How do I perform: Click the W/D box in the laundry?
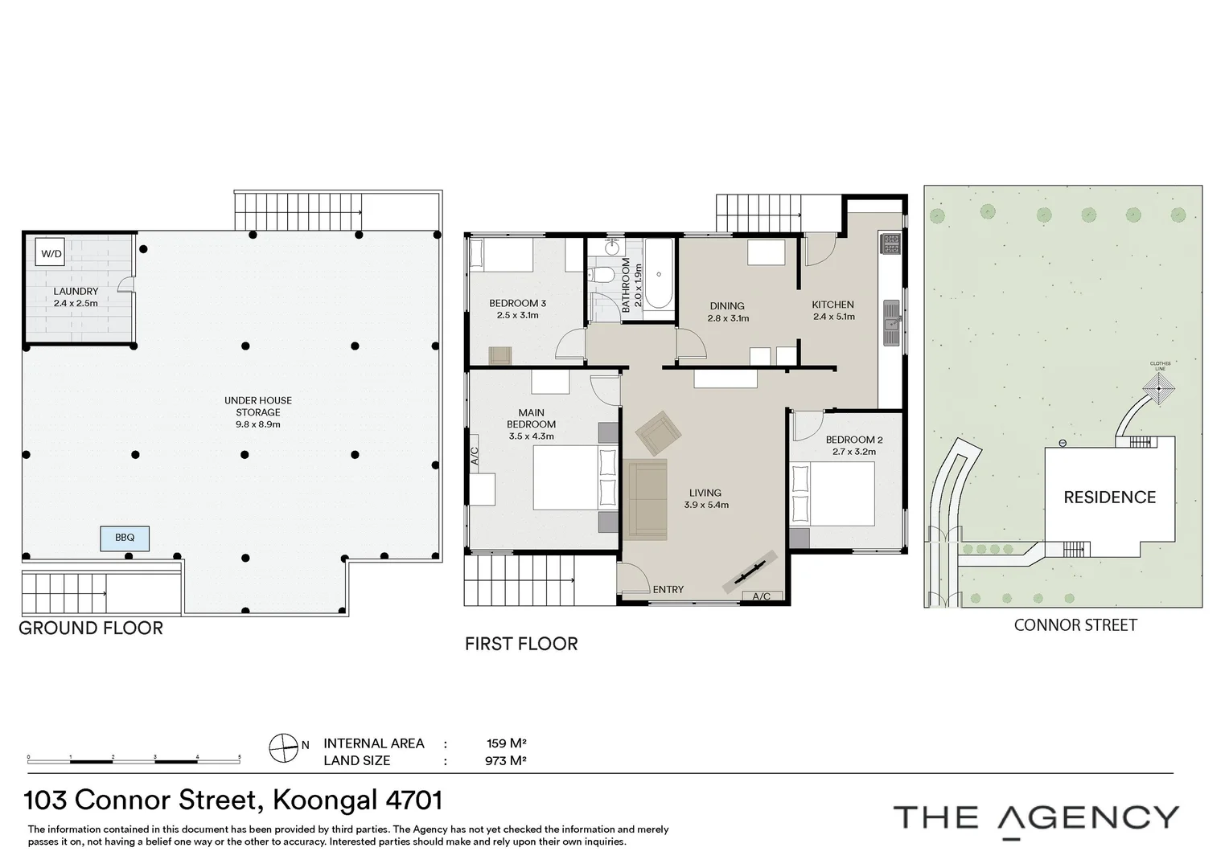(51, 254)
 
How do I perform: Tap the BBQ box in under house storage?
(125, 538)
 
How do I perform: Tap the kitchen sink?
(890, 322)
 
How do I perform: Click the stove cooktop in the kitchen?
(890, 244)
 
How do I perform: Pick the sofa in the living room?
(647, 498)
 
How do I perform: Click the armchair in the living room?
(658, 433)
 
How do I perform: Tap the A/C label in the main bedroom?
(475, 456)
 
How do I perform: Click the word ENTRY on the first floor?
(668, 589)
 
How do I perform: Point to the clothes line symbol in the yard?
(1160, 390)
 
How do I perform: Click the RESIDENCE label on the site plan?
(1109, 497)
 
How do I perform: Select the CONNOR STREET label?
(1075, 625)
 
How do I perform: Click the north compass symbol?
(284, 747)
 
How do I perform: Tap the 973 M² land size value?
(506, 760)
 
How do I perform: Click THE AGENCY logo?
(1036, 818)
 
